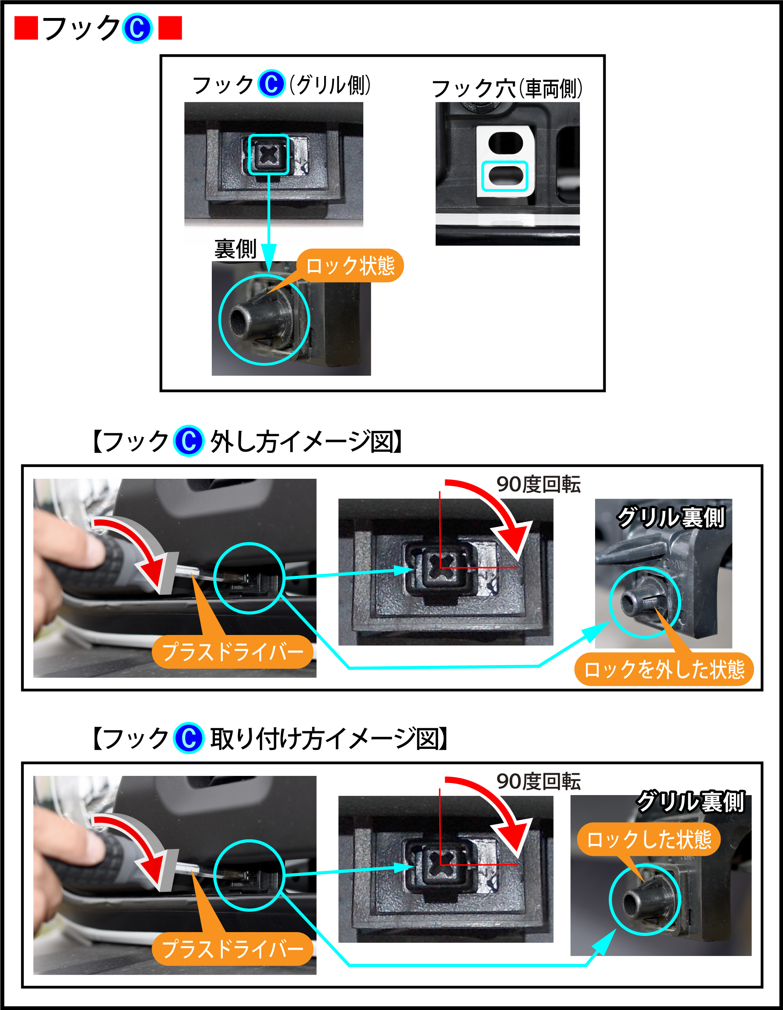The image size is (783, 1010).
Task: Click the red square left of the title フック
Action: pos(26,28)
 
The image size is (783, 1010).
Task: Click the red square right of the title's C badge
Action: pos(170,28)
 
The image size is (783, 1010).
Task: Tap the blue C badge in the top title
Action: pos(137,28)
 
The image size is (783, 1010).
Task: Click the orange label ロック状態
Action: pos(350,265)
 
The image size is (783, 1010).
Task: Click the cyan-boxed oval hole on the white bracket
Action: pos(505,176)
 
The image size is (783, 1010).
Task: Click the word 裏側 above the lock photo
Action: pos(235,249)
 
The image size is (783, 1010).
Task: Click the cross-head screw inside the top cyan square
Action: pos(268,155)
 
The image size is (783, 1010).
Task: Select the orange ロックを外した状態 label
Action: pos(664,669)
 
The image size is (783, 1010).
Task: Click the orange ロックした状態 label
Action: pos(649,839)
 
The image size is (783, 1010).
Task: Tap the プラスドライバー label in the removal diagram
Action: pos(233,651)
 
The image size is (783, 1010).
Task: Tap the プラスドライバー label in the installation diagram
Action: pos(233,949)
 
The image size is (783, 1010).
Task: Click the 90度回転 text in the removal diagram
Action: pos(538,484)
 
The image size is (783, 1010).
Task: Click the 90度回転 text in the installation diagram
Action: pos(538,781)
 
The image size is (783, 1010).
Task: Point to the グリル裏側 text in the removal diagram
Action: pos(671,517)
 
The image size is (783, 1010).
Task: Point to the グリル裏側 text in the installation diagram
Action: pos(690,801)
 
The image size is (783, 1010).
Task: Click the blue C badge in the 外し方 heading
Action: pos(189,441)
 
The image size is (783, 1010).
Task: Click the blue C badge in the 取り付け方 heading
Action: pos(189,738)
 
